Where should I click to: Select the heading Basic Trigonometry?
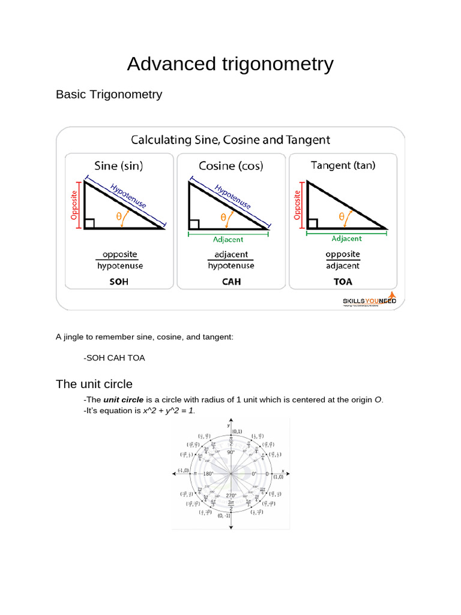pos(109,94)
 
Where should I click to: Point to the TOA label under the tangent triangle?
pos(343,281)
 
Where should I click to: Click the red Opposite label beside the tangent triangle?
pos(297,205)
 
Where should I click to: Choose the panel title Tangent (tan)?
pos(343,165)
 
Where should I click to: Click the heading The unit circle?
pos(94,384)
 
